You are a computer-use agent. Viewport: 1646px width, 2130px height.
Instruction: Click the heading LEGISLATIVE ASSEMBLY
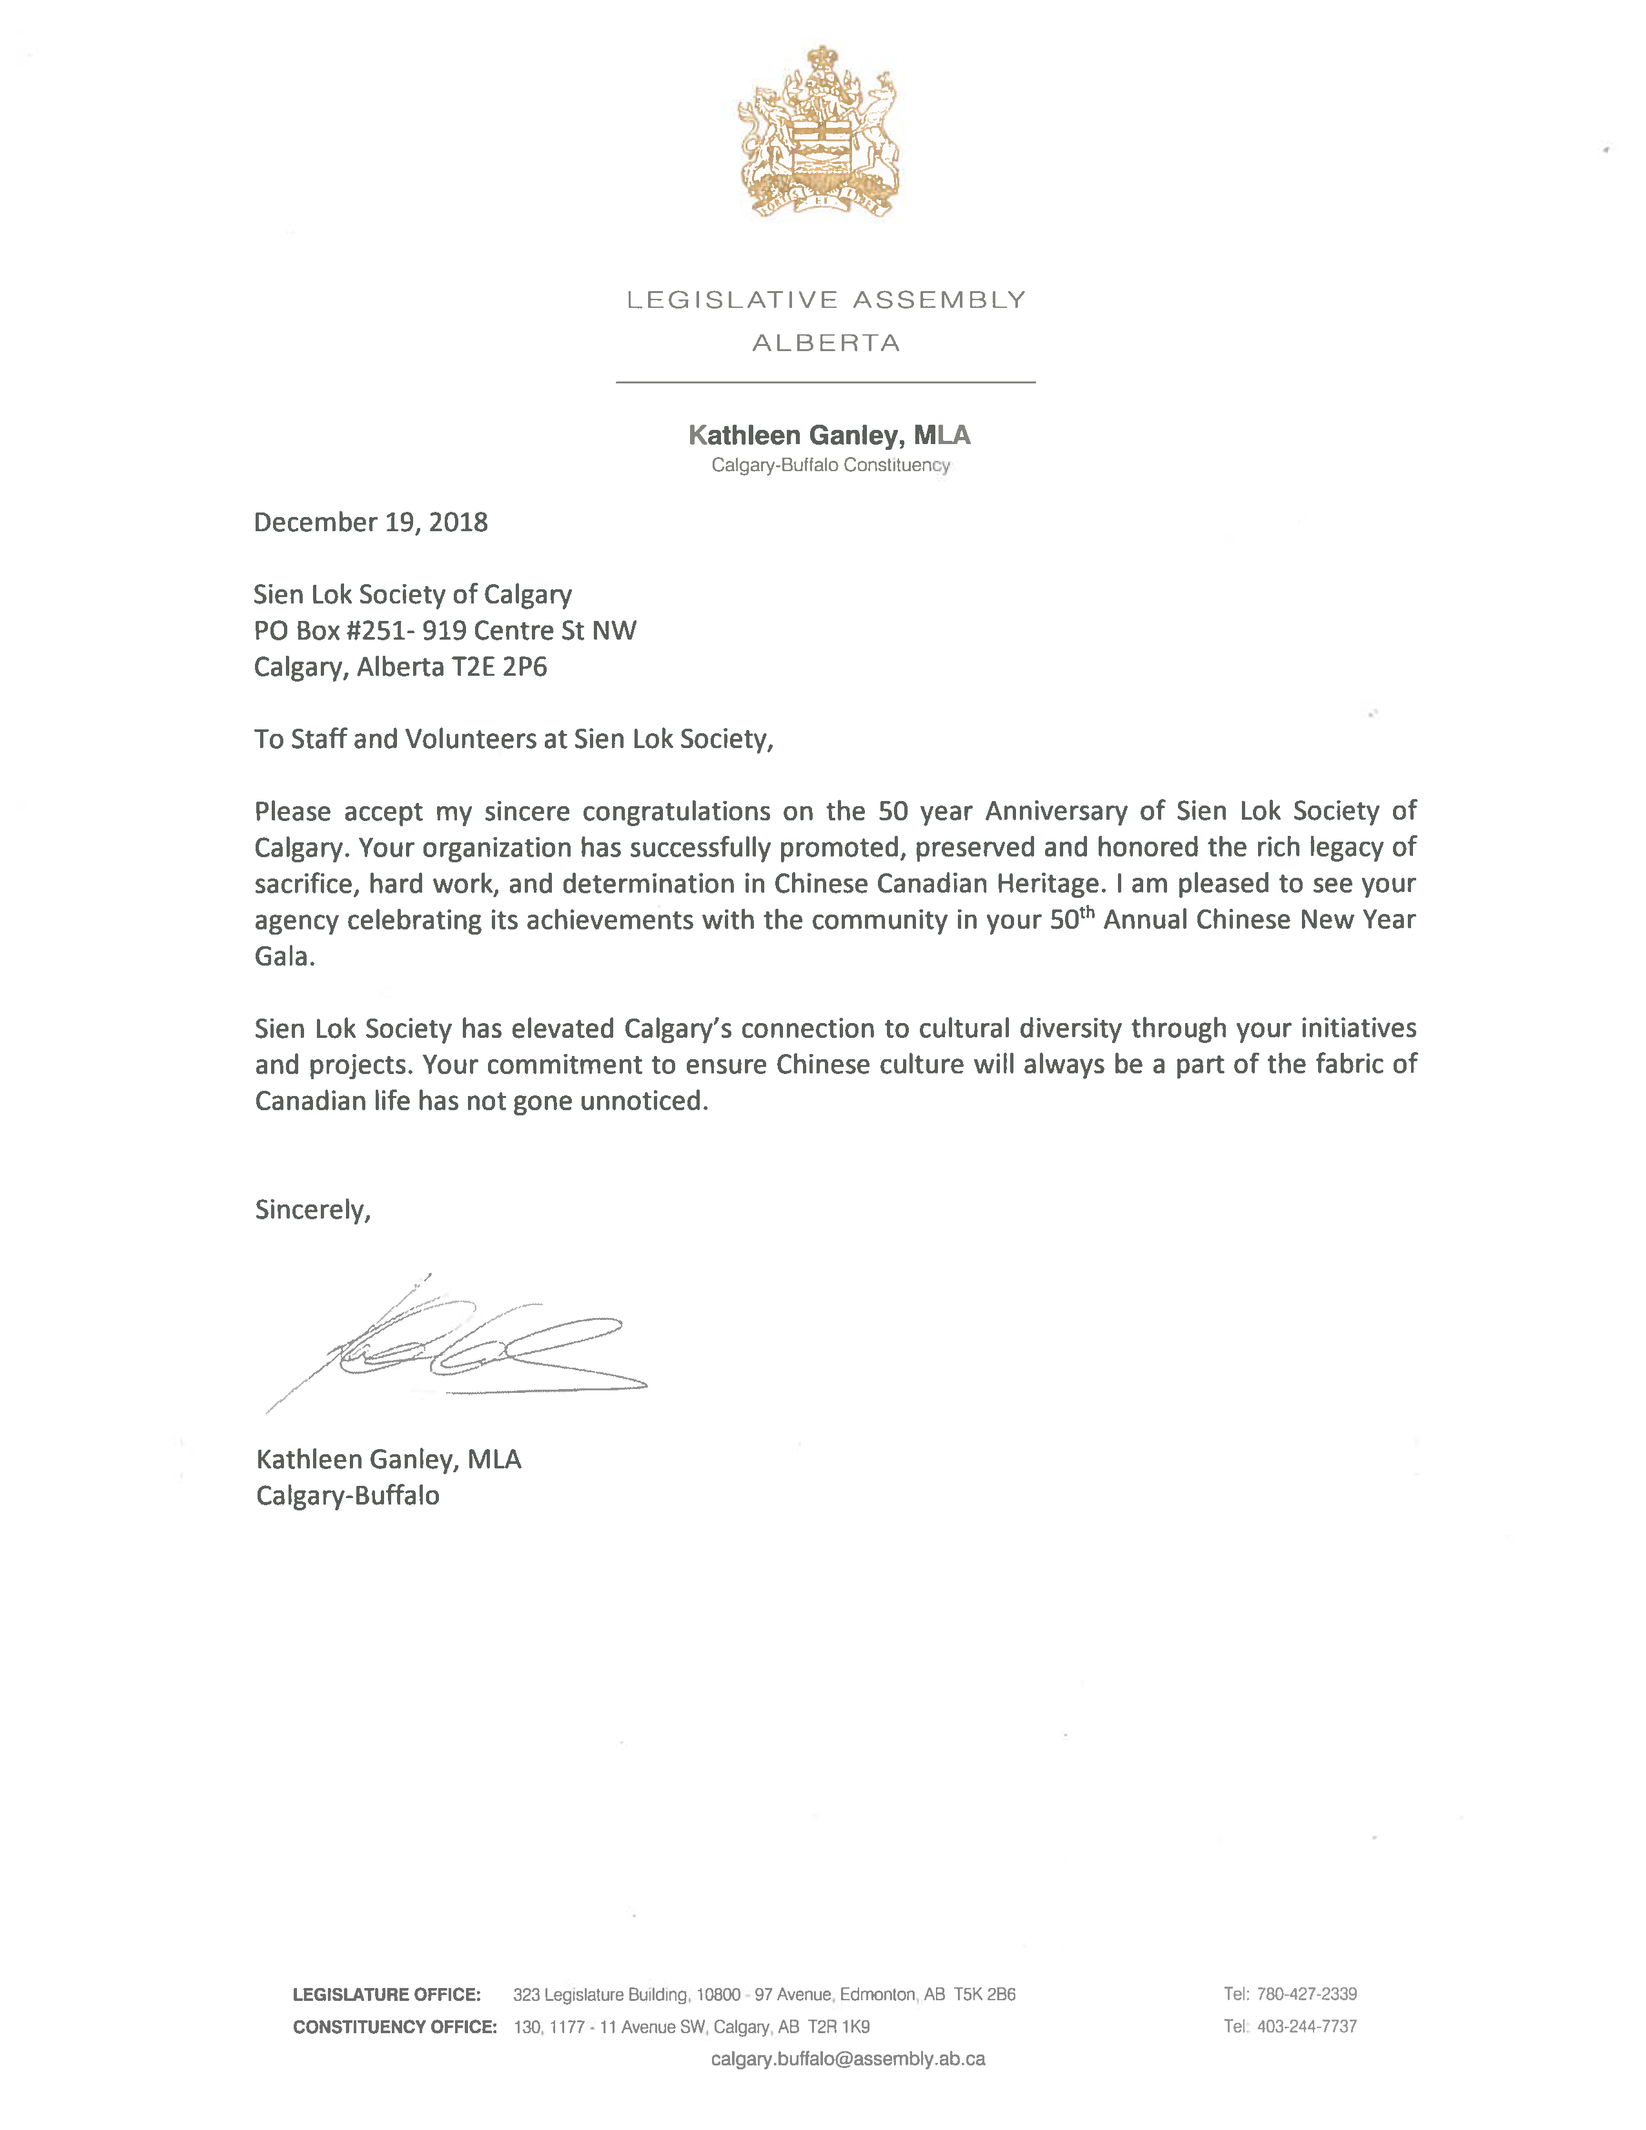coord(826,299)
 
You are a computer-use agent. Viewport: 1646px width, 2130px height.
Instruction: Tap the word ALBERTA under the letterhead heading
coord(826,343)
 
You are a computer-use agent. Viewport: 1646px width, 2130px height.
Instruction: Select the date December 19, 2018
coord(371,523)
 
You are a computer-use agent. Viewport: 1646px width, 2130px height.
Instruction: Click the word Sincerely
coord(311,1210)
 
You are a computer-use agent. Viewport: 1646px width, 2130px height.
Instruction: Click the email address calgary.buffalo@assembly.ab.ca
coord(848,2059)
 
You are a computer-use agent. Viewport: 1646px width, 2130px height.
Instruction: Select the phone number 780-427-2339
coord(1306,1994)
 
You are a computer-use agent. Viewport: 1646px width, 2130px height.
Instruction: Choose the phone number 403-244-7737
coord(1306,2027)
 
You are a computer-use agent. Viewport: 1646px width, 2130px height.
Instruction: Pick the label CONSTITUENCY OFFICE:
coord(395,2027)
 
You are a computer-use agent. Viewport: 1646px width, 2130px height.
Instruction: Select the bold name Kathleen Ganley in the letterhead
coord(793,435)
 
